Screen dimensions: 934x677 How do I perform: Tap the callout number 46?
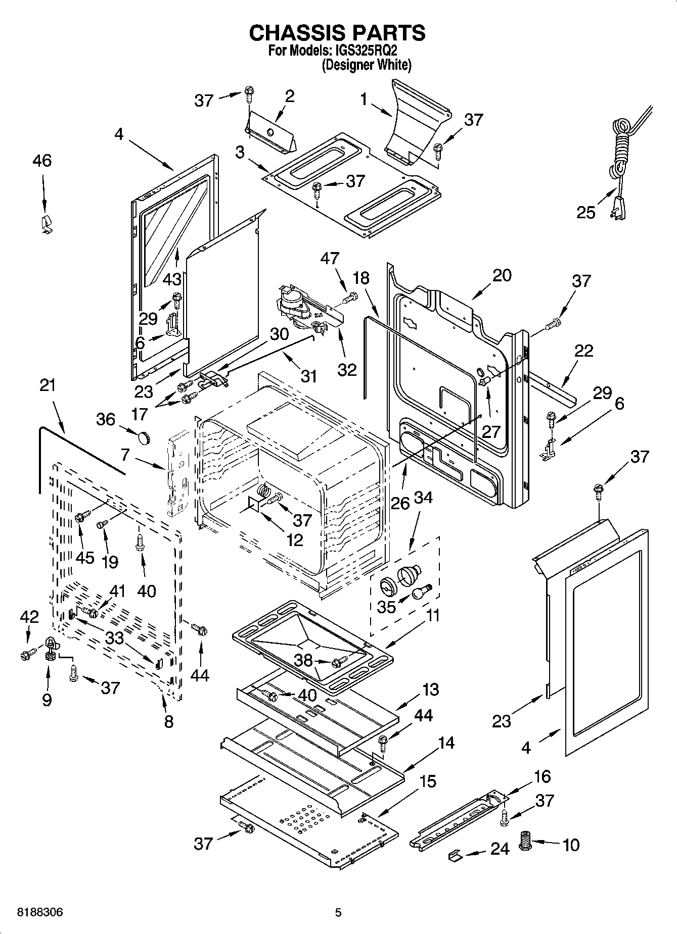tap(42, 161)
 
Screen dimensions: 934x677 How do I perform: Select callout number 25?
tap(586, 212)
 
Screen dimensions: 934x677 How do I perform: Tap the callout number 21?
tap(48, 385)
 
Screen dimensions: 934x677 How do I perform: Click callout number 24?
tap(500, 849)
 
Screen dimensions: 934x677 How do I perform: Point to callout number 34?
tap(423, 498)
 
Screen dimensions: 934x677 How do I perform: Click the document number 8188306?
tap(40, 912)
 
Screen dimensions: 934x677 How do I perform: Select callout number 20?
tap(502, 275)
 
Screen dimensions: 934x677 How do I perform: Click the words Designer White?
tap(367, 65)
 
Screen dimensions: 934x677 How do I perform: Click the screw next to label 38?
tap(340, 660)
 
